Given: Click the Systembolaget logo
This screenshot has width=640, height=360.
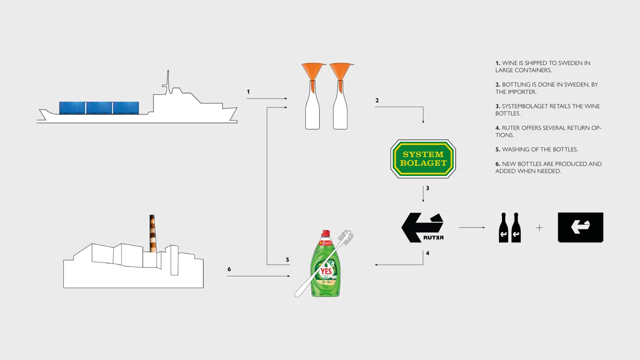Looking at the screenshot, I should click(x=423, y=159).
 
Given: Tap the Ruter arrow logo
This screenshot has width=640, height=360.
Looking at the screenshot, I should click(x=422, y=227).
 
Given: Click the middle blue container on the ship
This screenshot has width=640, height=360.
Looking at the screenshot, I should click(x=99, y=107).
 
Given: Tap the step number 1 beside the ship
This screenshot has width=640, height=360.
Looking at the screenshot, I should click(x=248, y=92).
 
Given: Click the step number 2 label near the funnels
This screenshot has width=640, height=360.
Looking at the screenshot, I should click(x=377, y=100).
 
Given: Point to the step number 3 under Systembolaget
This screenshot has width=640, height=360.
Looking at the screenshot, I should click(x=427, y=188).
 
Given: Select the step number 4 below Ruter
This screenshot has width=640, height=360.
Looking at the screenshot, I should click(x=427, y=253).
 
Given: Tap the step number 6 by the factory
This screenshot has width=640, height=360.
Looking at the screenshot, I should click(x=229, y=269).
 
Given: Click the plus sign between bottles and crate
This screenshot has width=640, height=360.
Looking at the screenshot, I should click(x=539, y=227).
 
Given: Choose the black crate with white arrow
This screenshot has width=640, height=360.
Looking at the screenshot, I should click(x=580, y=227).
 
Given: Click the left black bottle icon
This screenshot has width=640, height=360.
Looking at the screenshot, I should click(x=504, y=228).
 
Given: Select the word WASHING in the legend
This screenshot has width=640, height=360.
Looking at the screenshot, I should click(x=515, y=149).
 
